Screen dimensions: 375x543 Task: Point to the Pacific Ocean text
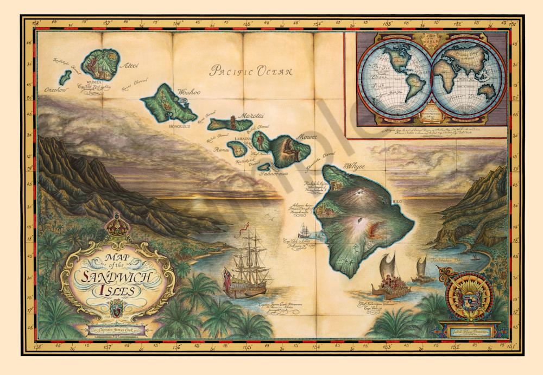(251, 71)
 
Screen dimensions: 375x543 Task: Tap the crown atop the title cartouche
(115, 224)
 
